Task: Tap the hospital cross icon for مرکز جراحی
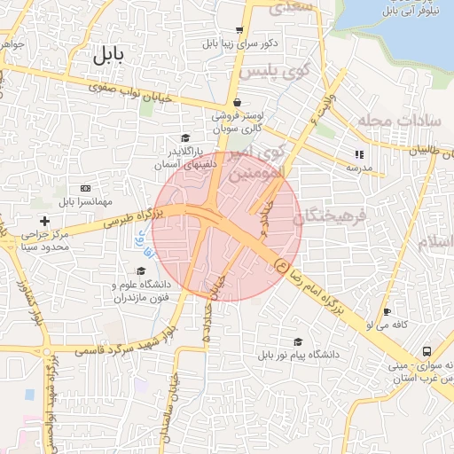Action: coord(45,220)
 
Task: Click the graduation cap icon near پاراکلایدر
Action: coord(185,137)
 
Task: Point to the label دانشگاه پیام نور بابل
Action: coord(298,355)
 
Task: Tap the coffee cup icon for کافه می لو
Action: coord(387,312)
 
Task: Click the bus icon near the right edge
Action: coord(427,352)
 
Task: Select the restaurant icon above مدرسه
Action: coord(359,153)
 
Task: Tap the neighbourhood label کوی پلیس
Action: coord(267,69)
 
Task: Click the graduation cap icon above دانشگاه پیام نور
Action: coord(298,341)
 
